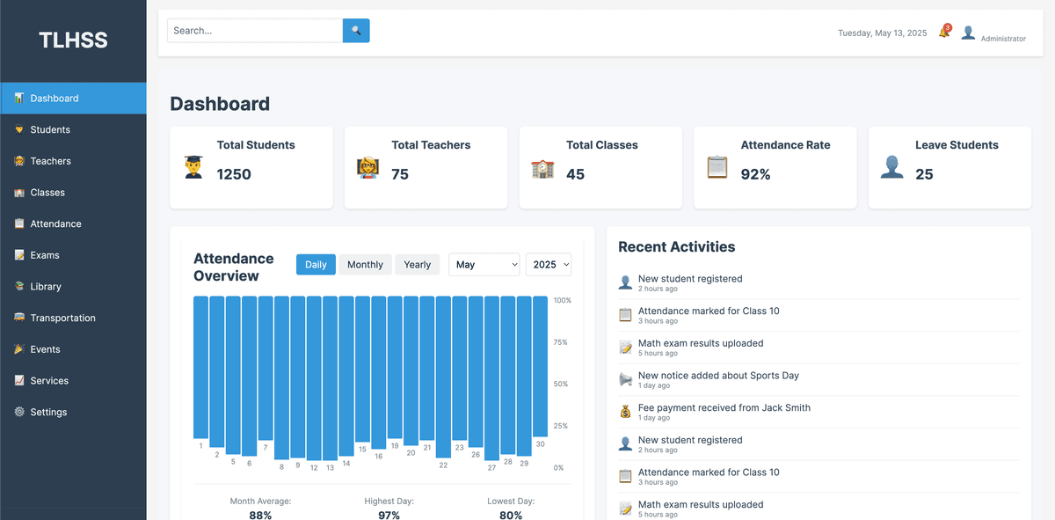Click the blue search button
tap(356, 31)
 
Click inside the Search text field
tap(254, 31)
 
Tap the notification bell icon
tap(944, 33)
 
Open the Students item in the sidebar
tap(50, 130)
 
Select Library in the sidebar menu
tap(46, 287)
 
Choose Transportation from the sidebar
tap(62, 319)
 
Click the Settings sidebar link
tap(48, 413)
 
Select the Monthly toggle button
tap(365, 265)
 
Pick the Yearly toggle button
tap(418, 265)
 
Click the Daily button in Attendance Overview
tap(316, 265)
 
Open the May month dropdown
tap(484, 265)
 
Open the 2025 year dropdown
tap(549, 265)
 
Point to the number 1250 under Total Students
tap(234, 174)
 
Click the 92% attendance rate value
tap(755, 174)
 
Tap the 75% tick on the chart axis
tap(561, 342)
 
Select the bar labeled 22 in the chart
tap(443, 378)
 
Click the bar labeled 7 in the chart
tap(266, 370)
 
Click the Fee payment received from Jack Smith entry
tap(724, 408)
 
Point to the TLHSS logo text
tap(73, 40)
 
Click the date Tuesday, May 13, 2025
tap(882, 33)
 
